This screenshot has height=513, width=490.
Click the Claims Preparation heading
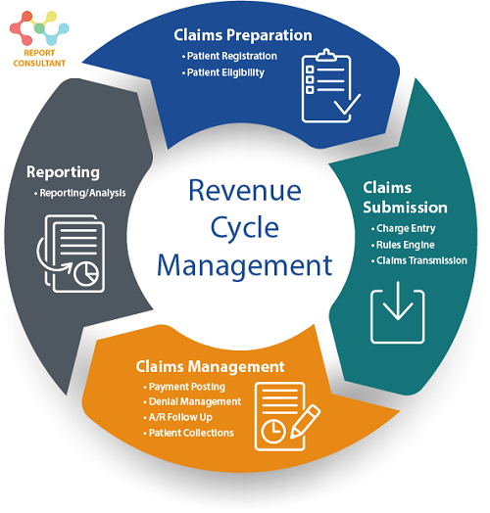tap(242, 35)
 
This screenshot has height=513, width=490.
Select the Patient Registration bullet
tap(231, 57)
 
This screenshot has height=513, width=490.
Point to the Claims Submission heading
tap(405, 197)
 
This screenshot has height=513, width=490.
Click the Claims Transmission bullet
tap(419, 260)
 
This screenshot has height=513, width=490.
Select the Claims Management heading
tap(210, 367)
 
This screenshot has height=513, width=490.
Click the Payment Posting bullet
tap(188, 388)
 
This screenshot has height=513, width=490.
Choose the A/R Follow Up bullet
tap(182, 417)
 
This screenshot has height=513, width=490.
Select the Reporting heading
tap(63, 172)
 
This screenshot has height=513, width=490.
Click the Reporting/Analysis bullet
tap(82, 193)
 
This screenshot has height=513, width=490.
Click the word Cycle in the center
tap(244, 227)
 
